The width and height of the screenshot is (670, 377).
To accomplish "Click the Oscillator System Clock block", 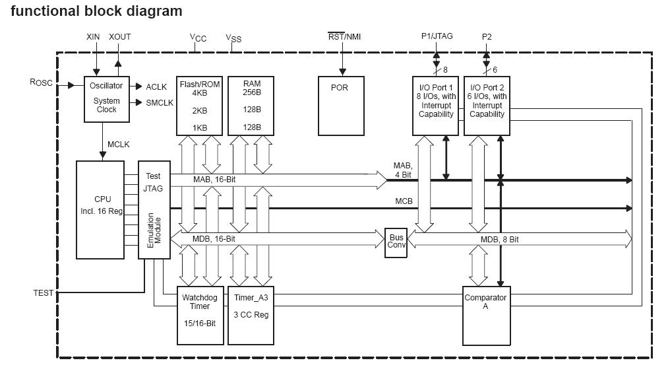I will pyautogui.click(x=106, y=99).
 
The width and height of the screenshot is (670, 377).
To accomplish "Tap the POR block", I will pyautogui.click(x=342, y=106).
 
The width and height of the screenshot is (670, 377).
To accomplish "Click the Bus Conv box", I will pyautogui.click(x=396, y=243).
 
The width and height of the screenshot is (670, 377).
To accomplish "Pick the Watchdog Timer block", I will pyautogui.click(x=200, y=315).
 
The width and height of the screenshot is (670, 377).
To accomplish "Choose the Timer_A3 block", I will pyautogui.click(x=251, y=315).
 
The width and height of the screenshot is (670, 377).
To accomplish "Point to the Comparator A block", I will pyautogui.click(x=486, y=316).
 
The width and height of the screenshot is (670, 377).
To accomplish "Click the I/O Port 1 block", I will pyautogui.click(x=436, y=106).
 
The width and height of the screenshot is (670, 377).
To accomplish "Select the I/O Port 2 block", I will pyautogui.click(x=487, y=106).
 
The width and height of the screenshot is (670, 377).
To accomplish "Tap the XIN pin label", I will pyautogui.click(x=94, y=37).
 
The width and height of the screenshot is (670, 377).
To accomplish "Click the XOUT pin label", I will pyautogui.click(x=119, y=37).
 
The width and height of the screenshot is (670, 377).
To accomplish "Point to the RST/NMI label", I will pyautogui.click(x=344, y=37).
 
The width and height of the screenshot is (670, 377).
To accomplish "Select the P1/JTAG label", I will pyautogui.click(x=437, y=36).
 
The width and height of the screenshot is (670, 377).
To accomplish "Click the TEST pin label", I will pyautogui.click(x=44, y=292).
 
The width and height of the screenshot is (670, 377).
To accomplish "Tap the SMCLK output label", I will pyautogui.click(x=160, y=102).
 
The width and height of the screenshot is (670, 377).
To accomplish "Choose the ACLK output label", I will pyautogui.click(x=156, y=86).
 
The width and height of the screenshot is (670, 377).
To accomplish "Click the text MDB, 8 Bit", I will pyautogui.click(x=499, y=239).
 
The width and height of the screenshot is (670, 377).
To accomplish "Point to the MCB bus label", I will pyautogui.click(x=404, y=201).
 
